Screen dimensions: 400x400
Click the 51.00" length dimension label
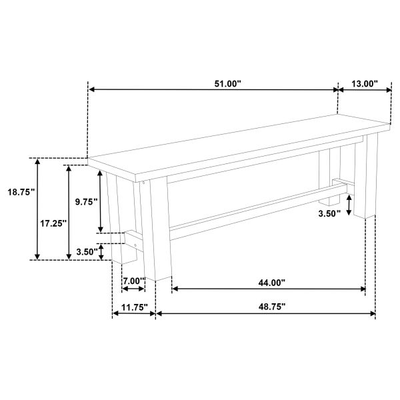227,84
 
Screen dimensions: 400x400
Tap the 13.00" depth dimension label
365,84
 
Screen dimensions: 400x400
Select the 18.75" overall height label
21,192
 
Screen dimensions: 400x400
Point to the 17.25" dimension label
53,223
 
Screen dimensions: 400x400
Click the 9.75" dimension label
87,202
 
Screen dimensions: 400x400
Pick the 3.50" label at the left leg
87,252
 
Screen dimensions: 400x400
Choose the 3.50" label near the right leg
329,213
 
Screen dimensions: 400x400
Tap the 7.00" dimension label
134,281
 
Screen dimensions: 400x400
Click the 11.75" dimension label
135,307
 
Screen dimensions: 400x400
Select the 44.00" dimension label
271,283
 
